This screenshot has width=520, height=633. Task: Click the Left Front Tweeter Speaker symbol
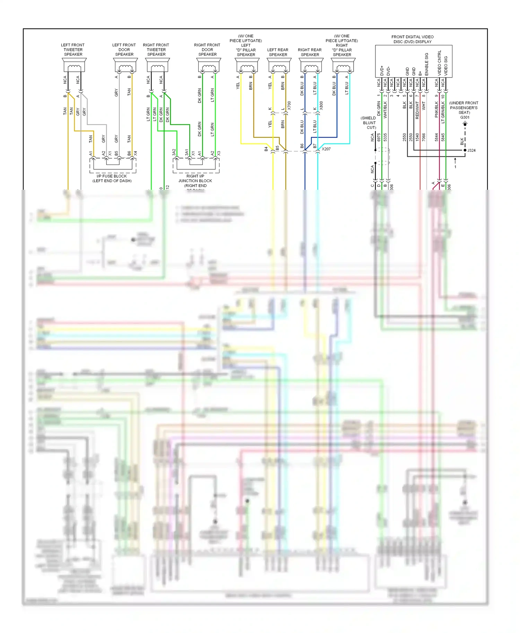tap(74, 65)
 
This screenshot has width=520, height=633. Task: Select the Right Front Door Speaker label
tap(207, 50)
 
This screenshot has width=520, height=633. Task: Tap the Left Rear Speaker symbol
tap(279, 65)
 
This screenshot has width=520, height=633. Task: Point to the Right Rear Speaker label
tap(310, 52)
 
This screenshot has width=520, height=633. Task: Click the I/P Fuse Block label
tap(112, 178)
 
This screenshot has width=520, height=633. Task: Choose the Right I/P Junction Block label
tap(196, 181)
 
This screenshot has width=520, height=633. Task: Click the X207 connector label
tap(326, 149)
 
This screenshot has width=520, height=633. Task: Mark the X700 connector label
tap(289, 106)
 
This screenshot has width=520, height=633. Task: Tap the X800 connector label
tap(321, 106)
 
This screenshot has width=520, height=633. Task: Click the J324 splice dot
tap(465, 150)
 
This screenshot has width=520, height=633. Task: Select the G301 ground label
tap(465, 117)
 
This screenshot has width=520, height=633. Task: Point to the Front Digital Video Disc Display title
tap(413, 39)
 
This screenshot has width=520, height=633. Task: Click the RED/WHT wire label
tap(417, 110)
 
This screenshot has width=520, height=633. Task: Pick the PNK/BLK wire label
tap(436, 109)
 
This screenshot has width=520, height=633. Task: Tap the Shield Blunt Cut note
tap(369, 123)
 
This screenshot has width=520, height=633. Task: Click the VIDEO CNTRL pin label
tap(439, 63)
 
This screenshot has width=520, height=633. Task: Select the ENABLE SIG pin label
tap(426, 64)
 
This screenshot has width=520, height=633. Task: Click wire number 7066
tap(423, 137)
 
